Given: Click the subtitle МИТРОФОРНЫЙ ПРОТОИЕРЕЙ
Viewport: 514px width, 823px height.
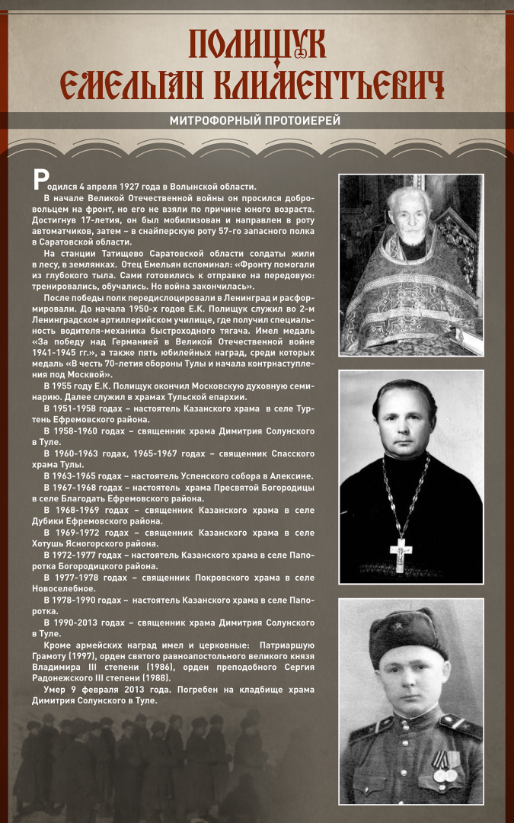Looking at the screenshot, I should [255, 120].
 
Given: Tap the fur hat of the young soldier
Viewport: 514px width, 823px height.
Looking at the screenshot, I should [408, 634].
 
